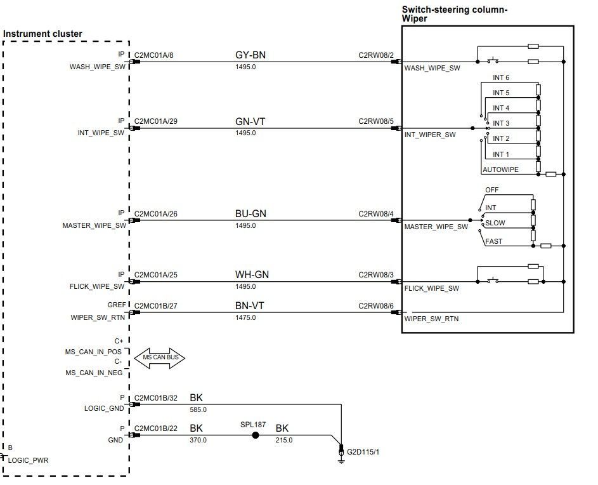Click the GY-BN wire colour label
pos(250,55)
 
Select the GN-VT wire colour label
pos(250,122)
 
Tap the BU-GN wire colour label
pos(250,214)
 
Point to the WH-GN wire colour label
pos(252,275)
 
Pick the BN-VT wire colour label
pos(249,306)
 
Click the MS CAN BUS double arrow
pos(160,357)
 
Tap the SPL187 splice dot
pos(256,435)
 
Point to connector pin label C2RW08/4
pos(376,213)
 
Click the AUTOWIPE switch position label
pos(500,170)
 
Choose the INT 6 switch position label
pos(501,77)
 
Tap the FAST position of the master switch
pos(493,241)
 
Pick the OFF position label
pos(491,190)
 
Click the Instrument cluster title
pos(42,34)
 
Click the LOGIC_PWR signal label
pos(28,460)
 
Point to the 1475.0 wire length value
pos(245,317)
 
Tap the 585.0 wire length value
pos(198,409)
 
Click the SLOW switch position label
pos(495,223)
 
